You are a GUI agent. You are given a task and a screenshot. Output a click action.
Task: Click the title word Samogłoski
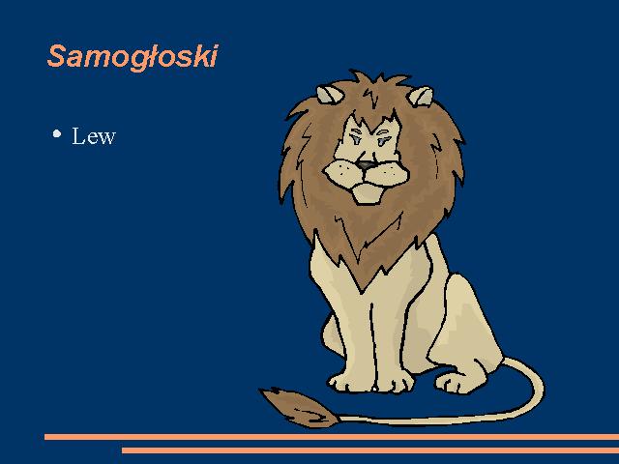pyautogui.click(x=133, y=57)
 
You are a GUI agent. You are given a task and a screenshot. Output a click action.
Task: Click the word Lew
pyautogui.click(x=94, y=136)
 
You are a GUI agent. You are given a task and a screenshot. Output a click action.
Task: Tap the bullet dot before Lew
pyautogui.click(x=57, y=133)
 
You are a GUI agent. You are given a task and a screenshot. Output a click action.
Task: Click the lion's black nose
pyautogui.click(x=366, y=165)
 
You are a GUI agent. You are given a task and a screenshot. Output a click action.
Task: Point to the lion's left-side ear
pyautogui.click(x=329, y=95)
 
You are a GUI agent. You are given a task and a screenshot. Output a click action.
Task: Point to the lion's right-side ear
pyautogui.click(x=421, y=97)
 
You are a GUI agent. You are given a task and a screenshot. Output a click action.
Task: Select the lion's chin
pyautogui.click(x=368, y=194)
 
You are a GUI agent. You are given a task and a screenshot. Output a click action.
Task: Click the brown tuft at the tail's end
pyautogui.click(x=299, y=407)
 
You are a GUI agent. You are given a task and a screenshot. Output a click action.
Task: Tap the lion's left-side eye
pyautogui.click(x=356, y=137)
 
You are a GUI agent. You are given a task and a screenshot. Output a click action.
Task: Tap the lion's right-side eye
pyautogui.click(x=384, y=139)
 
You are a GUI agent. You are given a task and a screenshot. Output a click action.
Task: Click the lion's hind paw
pyautogui.click(x=454, y=382)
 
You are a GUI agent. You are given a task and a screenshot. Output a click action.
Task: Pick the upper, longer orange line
pyautogui.click(x=332, y=437)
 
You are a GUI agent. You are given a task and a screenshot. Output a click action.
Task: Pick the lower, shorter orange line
pyautogui.click(x=370, y=450)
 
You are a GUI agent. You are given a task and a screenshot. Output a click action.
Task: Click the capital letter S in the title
pyautogui.click(x=56, y=56)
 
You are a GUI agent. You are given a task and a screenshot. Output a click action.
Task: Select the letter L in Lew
pyautogui.click(x=78, y=135)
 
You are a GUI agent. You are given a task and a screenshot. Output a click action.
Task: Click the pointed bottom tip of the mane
pyautogui.click(x=362, y=291)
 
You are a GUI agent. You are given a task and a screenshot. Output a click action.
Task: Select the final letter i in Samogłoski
pyautogui.click(x=214, y=56)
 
